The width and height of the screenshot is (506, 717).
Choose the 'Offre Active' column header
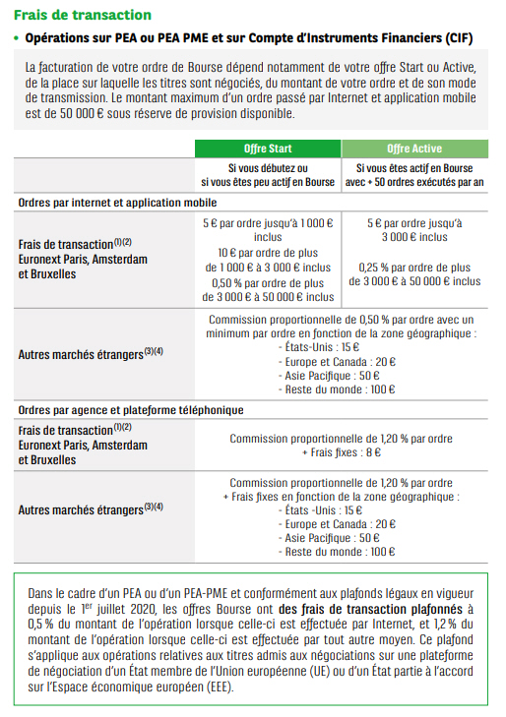(413, 148)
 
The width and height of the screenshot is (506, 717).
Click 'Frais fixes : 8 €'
(341, 451)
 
